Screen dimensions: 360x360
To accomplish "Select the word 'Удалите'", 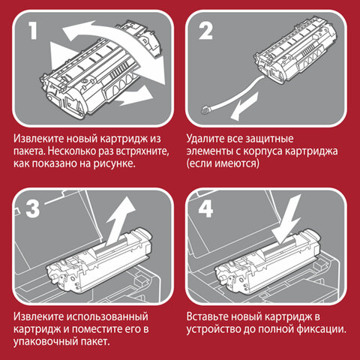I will (x=207, y=139).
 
